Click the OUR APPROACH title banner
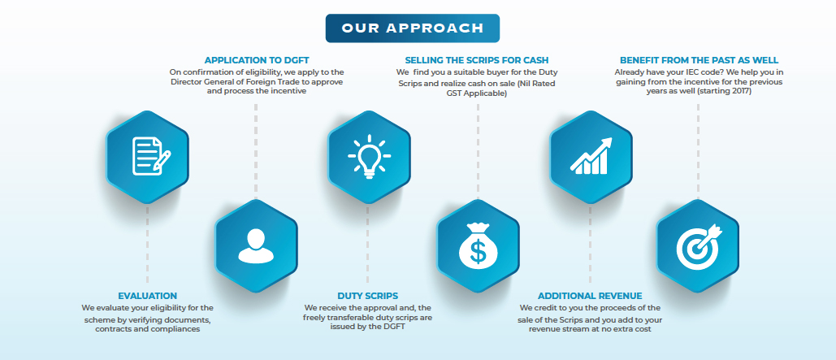click(412, 28)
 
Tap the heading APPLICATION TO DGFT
click(257, 60)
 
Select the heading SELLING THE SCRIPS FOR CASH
click(477, 60)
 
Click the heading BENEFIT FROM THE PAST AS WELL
click(699, 60)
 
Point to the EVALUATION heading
click(147, 296)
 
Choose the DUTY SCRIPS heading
click(367, 296)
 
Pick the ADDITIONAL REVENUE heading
click(590, 296)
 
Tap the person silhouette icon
click(256, 246)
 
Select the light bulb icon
click(369, 156)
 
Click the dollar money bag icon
click(479, 245)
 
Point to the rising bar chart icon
click(591, 156)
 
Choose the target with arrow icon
click(699, 246)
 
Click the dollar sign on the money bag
click(479, 252)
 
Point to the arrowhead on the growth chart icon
click(606, 143)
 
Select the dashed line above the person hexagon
click(256, 151)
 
